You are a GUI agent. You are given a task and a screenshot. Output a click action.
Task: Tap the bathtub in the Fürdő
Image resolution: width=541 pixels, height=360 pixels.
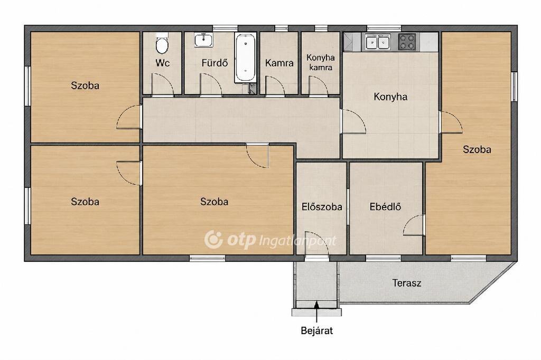click(x=245, y=57)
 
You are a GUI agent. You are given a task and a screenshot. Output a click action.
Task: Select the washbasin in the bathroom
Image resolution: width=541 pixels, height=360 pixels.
click(x=203, y=40)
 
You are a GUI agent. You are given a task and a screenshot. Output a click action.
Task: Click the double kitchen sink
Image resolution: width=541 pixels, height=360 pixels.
click(x=377, y=42)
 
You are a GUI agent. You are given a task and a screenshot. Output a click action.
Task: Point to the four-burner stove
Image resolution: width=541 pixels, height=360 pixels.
click(x=407, y=42)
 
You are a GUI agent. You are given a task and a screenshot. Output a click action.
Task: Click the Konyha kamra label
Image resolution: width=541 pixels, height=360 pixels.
click(x=321, y=62)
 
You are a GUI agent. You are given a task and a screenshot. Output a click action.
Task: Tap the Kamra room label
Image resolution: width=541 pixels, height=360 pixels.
click(x=279, y=63)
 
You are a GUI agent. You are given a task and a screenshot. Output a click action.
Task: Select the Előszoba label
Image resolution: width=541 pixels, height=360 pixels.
click(x=322, y=206)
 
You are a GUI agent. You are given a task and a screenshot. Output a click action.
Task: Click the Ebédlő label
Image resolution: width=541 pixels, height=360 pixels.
click(x=385, y=206)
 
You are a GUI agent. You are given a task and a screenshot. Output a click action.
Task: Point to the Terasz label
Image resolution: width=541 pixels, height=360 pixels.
click(x=406, y=283)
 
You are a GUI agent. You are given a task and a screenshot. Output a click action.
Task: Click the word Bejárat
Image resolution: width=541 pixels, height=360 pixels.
click(x=317, y=330)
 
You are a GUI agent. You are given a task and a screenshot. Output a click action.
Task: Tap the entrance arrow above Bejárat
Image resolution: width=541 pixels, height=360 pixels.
click(x=317, y=311)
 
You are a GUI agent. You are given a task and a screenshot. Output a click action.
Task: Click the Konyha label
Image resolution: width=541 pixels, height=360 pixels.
click(x=390, y=97)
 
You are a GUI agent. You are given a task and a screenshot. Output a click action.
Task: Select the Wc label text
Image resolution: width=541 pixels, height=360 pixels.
click(x=162, y=63)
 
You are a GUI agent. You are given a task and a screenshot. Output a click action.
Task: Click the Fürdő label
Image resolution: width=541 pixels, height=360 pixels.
click(x=214, y=63)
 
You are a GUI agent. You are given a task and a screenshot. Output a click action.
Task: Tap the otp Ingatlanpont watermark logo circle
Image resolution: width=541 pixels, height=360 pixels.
click(x=213, y=239)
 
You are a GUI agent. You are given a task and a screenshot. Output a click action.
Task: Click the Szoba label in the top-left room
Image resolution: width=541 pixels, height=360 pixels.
click(x=85, y=85)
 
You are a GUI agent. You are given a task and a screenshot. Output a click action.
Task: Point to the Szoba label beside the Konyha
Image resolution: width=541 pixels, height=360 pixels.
click(x=477, y=149)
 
